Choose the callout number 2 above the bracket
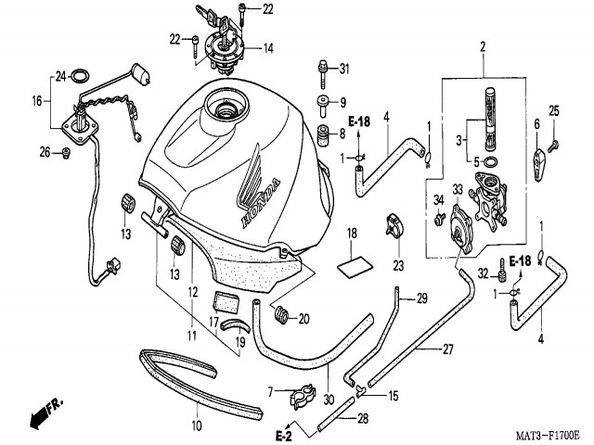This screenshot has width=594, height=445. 483,46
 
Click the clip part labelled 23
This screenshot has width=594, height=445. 393,227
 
